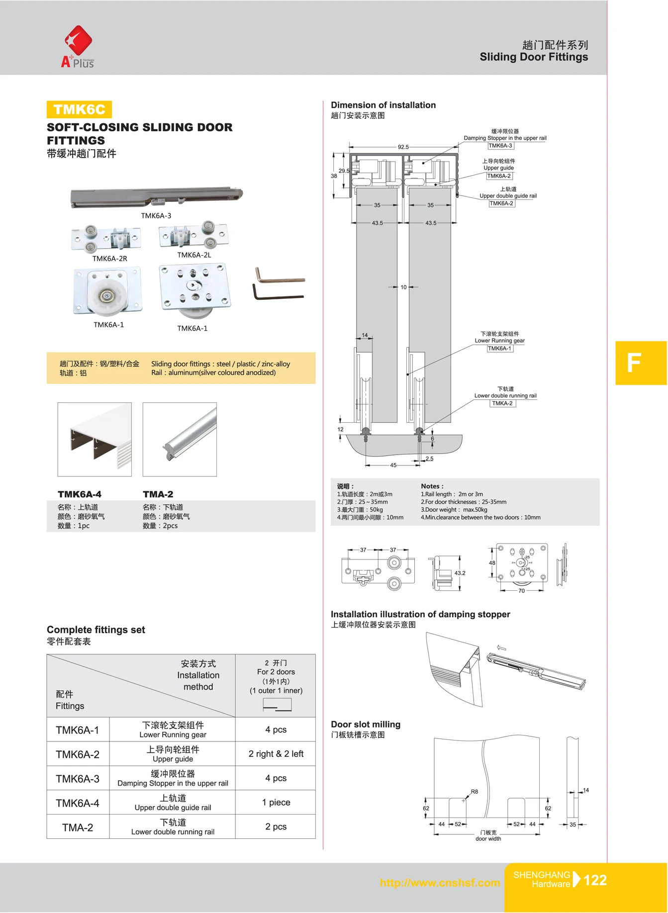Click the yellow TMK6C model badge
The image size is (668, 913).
click(79, 109)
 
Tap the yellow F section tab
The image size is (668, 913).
click(640, 363)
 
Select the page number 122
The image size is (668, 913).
click(595, 880)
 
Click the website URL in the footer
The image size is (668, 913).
click(440, 883)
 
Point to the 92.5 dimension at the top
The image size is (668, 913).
click(403, 147)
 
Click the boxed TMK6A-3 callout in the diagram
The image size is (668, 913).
click(500, 146)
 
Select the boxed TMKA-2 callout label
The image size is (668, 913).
click(502, 403)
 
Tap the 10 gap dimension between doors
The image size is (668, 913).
click(403, 287)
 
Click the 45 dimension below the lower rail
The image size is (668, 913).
click(393, 465)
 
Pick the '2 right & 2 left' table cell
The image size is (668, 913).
click(276, 754)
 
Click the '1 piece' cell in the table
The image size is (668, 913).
click(276, 802)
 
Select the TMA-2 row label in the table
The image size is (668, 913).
click(78, 827)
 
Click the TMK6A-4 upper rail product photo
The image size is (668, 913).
click(95, 440)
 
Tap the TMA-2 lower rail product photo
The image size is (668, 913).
click(180, 440)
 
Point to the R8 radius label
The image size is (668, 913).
click(474, 792)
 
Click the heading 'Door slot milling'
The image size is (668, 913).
click(366, 725)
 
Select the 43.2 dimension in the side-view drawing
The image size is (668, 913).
click(460, 573)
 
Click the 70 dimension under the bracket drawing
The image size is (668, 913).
click(521, 591)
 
